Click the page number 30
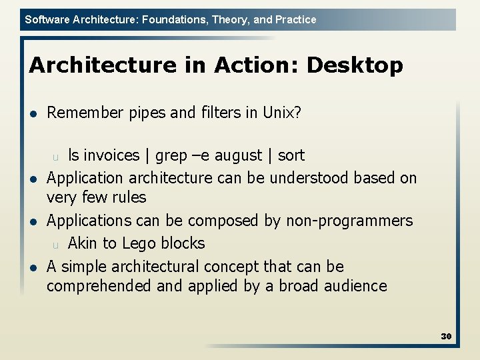[446, 336]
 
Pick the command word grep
[170, 156]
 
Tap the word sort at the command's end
[291, 155]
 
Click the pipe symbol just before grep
[147, 156]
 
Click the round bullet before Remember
[33, 113]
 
